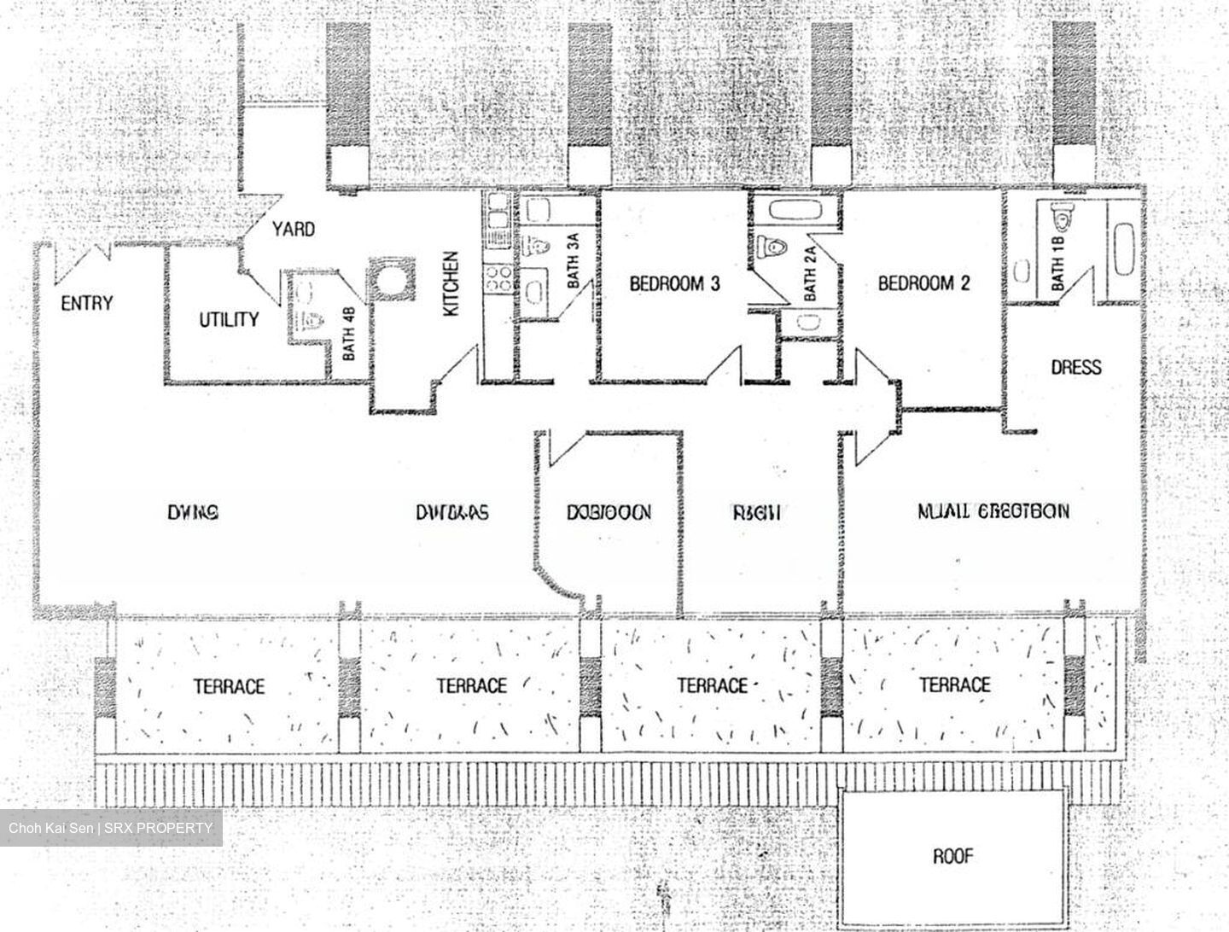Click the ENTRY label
pyautogui.click(x=86, y=303)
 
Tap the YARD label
pyautogui.click(x=293, y=229)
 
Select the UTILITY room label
pyautogui.click(x=229, y=319)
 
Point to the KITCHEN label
pyautogui.click(x=451, y=284)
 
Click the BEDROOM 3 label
pyautogui.click(x=674, y=283)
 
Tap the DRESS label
pyautogui.click(x=1075, y=367)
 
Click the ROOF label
pyautogui.click(x=953, y=855)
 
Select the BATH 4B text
pyautogui.click(x=349, y=339)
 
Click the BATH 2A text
pyautogui.click(x=810, y=272)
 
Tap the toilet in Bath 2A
pyautogui.click(x=772, y=248)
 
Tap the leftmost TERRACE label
pyautogui.click(x=229, y=686)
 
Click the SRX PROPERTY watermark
pyautogui.click(x=111, y=828)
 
